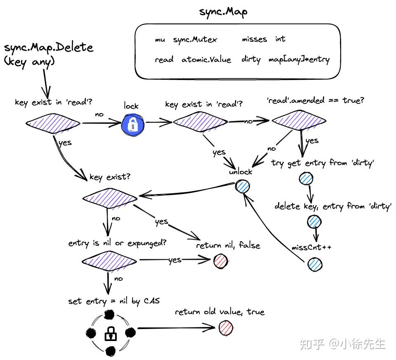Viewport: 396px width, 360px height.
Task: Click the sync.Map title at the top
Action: pos(223,12)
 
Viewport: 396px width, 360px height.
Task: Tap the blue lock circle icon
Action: pos(133,123)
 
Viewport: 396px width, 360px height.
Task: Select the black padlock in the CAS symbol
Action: pos(110,333)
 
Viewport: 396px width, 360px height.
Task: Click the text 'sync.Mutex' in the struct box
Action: pos(195,40)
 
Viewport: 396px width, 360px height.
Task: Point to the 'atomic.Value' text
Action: pos(206,60)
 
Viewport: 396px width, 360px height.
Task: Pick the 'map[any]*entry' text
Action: pos(299,60)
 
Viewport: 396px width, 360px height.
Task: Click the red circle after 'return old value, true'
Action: pos(225,329)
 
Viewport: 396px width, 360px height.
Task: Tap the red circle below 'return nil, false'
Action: pos(221,261)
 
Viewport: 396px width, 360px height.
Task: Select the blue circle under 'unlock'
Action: pos(243,186)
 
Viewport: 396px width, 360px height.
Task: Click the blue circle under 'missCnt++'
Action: pos(315,264)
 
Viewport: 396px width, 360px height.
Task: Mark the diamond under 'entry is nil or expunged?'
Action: pos(109,261)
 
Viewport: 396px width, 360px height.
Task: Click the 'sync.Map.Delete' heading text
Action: pos(49,47)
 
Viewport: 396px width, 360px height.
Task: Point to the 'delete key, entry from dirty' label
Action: pos(332,206)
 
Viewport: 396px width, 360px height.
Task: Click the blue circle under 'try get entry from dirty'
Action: pos(306,178)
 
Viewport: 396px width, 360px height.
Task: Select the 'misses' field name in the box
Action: pos(254,39)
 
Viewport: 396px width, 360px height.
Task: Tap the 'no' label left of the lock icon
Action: pos(99,114)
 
